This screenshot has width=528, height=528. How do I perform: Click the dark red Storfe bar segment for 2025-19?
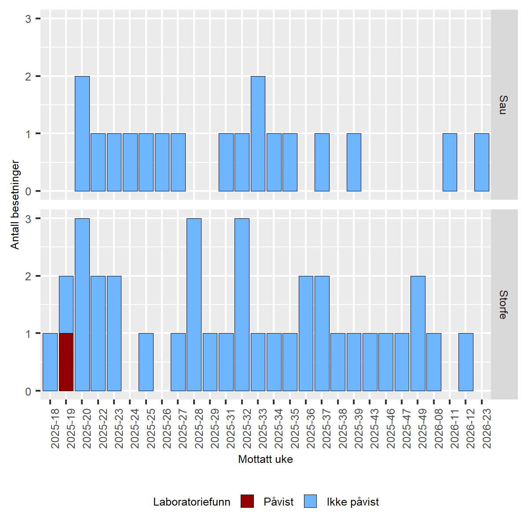point(66,362)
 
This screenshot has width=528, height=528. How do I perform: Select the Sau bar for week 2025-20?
point(82,133)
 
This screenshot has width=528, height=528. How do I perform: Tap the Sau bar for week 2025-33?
point(258,133)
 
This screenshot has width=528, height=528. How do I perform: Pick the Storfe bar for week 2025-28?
point(194,304)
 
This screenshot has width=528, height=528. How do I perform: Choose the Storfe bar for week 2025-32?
point(242,304)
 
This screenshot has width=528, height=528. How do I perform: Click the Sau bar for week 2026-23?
point(482,162)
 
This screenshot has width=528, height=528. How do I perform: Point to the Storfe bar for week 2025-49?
point(418,333)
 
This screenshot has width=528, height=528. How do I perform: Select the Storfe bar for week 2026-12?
point(466,362)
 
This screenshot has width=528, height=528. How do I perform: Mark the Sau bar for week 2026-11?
point(450,162)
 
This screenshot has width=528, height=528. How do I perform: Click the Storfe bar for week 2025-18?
point(50,362)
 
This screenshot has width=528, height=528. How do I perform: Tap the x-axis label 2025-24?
point(135,428)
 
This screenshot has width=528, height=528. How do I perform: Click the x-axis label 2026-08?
point(439,428)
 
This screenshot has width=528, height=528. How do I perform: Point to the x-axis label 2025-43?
point(374,428)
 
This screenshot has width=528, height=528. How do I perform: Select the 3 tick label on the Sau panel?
point(28,19)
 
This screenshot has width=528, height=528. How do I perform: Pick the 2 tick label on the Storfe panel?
point(28,276)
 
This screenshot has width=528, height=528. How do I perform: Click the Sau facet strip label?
point(504,105)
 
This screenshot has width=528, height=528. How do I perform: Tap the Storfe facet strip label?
point(504,304)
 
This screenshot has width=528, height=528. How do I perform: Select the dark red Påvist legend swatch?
point(247,502)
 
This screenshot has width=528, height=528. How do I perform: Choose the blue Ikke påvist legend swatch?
point(310,502)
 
